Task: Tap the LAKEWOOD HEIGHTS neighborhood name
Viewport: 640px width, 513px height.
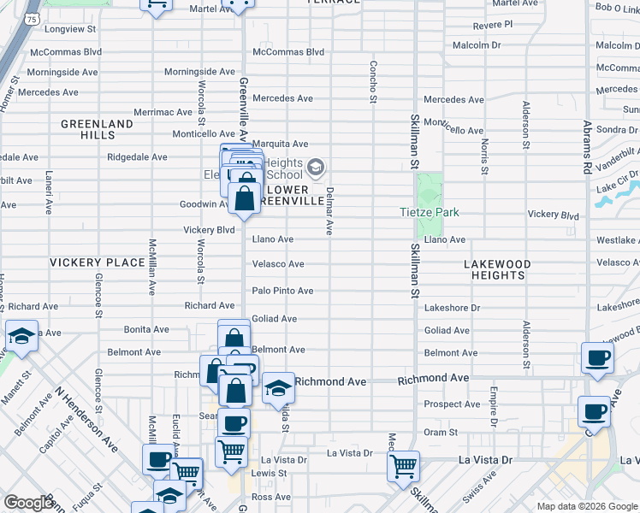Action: tap(497, 269)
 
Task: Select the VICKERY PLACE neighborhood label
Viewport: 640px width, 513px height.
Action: tap(97, 262)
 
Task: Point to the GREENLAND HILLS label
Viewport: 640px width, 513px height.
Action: tap(98, 129)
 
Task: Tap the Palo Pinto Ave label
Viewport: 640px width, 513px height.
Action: tap(282, 291)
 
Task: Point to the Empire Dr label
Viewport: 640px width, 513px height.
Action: tap(494, 406)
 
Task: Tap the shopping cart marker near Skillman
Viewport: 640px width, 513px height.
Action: tap(403, 467)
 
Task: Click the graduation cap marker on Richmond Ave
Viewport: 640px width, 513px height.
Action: tap(278, 389)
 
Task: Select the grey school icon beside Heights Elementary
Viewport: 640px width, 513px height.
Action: tap(317, 166)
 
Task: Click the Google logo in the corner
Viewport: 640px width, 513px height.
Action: tap(29, 503)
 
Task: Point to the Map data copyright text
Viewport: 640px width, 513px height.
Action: tap(586, 506)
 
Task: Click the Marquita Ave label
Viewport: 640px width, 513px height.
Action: tap(279, 144)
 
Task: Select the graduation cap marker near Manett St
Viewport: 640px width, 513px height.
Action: tap(21, 337)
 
